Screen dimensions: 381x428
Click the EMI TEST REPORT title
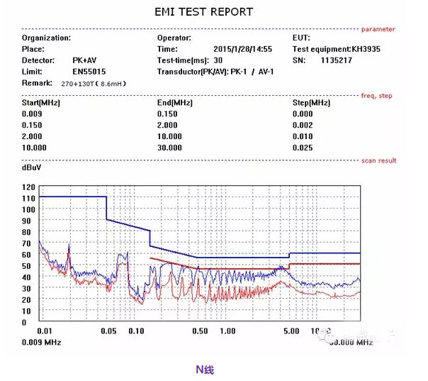coord(203,12)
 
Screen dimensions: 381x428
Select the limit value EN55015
coord(89,72)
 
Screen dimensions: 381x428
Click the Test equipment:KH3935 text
coord(336,49)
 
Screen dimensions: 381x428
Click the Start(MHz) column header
coord(41,102)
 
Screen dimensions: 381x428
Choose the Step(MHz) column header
coord(311,102)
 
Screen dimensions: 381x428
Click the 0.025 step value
coord(302,148)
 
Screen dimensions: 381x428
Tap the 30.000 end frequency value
coord(169,148)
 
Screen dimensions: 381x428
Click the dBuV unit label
coord(31,170)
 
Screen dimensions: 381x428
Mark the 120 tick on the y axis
coord(28,187)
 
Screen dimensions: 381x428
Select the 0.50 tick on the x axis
coord(200,331)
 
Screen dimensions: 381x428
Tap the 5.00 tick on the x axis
coord(291,331)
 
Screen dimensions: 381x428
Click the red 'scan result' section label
coord(378,160)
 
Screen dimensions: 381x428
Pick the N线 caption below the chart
coord(204,369)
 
